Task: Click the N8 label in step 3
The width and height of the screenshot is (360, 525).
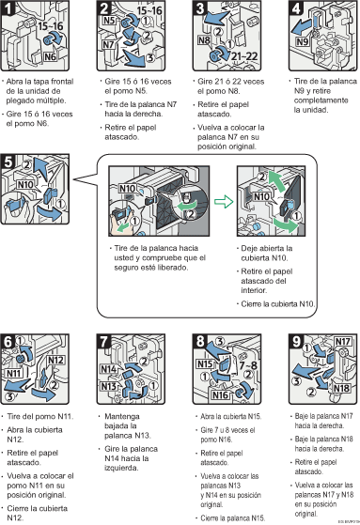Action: (x=203, y=40)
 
